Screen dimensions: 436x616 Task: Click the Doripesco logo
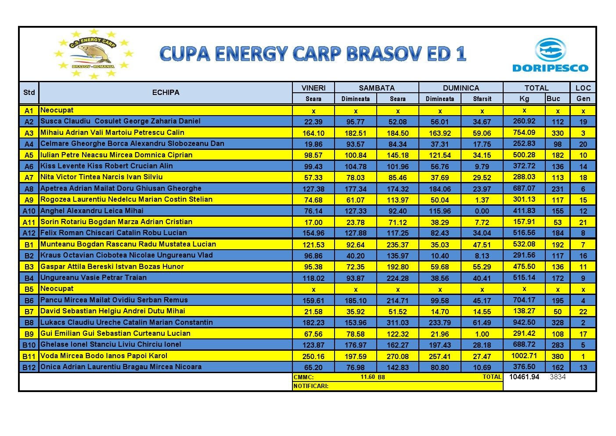550,55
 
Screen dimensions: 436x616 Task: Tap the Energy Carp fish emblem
94,54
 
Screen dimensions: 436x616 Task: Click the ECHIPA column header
166,92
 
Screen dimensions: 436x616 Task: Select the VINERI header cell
313,88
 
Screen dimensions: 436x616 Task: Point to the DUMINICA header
461,88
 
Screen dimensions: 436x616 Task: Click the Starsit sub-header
482,99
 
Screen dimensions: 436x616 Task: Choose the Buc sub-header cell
553,98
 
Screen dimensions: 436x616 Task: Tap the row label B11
29,356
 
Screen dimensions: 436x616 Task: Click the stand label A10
29,211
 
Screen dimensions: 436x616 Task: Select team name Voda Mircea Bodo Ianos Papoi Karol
104,356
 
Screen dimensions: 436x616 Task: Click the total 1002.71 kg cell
524,356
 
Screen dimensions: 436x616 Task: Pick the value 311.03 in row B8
397,323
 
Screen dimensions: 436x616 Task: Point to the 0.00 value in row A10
482,211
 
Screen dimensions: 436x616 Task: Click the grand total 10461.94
524,377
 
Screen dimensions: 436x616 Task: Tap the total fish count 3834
558,377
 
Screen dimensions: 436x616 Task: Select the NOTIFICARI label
311,386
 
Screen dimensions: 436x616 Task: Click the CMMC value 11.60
367,377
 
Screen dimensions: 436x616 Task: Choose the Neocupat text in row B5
57,288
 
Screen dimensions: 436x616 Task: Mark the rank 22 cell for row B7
583,312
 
